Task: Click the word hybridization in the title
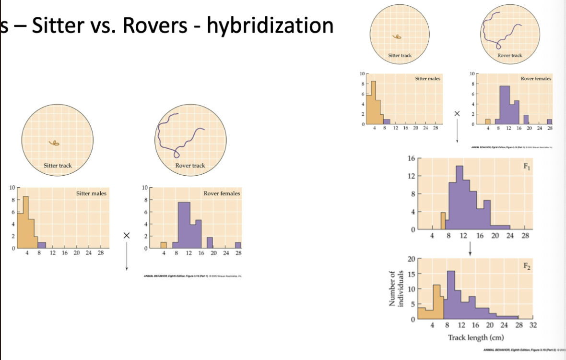(270, 25)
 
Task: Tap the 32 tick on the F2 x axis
(533, 325)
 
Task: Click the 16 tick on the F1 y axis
(412, 158)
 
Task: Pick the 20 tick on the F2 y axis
(411, 259)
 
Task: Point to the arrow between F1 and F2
(470, 247)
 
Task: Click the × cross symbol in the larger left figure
(126, 235)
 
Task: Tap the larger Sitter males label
(91, 193)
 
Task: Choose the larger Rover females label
(222, 193)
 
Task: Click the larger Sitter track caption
(58, 166)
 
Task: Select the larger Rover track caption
(190, 166)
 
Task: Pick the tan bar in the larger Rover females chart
(163, 245)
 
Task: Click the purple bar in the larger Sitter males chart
(42, 245)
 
